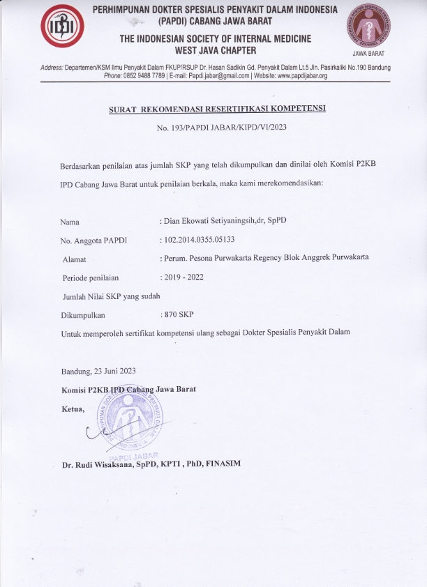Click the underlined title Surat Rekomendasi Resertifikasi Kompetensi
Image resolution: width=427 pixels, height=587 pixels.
click(217, 110)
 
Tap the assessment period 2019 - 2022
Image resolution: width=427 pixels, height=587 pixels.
click(183, 277)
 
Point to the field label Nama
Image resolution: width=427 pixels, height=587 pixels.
click(70, 222)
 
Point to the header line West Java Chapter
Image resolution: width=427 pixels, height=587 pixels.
click(216, 50)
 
